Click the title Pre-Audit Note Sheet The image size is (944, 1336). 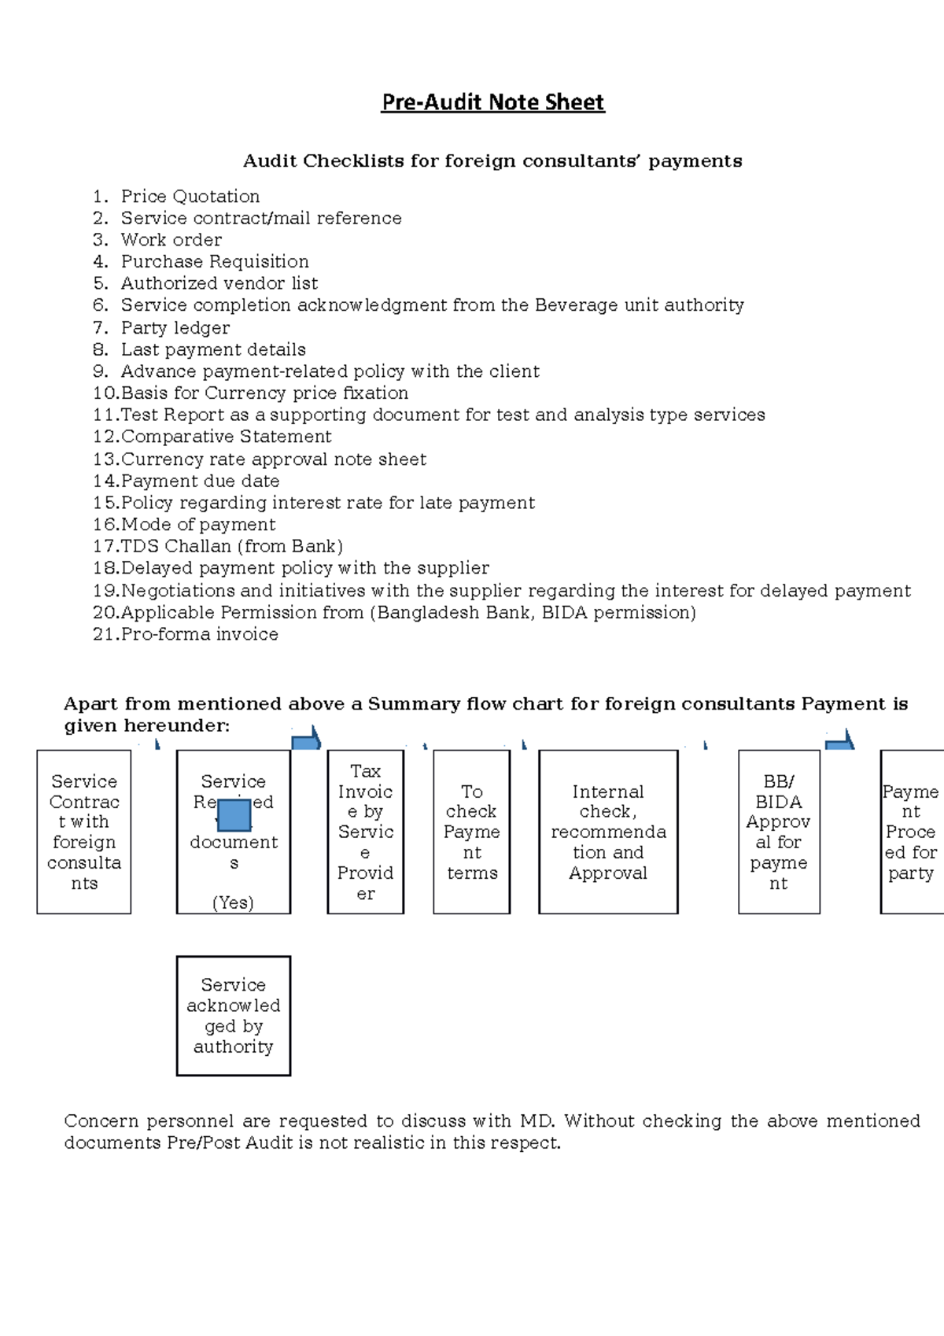point(492,102)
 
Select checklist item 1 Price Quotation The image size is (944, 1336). point(190,196)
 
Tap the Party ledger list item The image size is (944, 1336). point(175,327)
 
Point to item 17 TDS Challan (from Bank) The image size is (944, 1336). point(231,546)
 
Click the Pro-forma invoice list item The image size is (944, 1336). point(199,634)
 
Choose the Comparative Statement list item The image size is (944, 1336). point(226,437)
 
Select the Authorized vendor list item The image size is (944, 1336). point(219,283)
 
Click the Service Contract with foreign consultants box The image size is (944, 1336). point(84,832)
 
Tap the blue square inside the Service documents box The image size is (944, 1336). point(234,815)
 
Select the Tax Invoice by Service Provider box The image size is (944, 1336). point(366,832)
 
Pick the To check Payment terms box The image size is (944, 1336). point(471,832)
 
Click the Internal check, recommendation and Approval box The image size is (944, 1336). point(608,832)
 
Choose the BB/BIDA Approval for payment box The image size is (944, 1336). point(779,832)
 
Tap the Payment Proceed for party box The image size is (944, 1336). point(911,832)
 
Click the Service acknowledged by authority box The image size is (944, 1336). point(234,1016)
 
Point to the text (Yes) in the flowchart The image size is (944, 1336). point(233,902)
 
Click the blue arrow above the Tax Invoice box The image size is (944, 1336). point(307,740)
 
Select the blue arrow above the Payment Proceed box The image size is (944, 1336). point(840,740)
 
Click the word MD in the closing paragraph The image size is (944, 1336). point(537,1120)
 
